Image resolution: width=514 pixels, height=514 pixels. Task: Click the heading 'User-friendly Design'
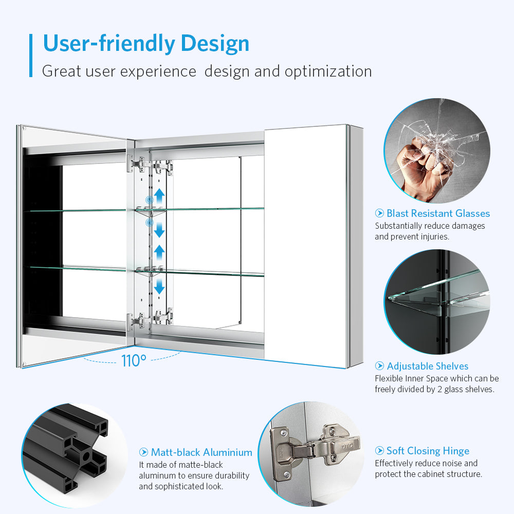pos(146,44)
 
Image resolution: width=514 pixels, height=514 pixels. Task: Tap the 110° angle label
pos(134,361)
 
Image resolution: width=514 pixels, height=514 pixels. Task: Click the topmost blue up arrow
pos(159,196)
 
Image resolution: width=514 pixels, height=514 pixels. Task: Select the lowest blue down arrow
pos(159,286)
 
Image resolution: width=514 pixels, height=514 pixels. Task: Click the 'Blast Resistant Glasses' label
pos(438,213)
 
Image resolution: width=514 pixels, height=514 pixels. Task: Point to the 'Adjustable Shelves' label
pos(428,366)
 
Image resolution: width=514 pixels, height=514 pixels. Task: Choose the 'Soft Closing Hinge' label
pos(428,451)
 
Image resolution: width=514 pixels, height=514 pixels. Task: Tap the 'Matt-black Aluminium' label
pos(201,452)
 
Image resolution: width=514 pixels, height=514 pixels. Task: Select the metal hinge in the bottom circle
pos(315,449)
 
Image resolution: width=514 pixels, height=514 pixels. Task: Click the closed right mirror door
pos(305,246)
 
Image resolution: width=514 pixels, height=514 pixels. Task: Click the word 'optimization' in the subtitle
pos(328,71)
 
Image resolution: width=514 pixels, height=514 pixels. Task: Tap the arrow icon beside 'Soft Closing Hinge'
pos(379,451)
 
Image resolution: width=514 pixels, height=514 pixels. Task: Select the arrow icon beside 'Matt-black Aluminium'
pos(143,452)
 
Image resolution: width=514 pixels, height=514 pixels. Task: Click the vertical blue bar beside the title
pos(31,56)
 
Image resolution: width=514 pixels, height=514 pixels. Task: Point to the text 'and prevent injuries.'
pos(412,236)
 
